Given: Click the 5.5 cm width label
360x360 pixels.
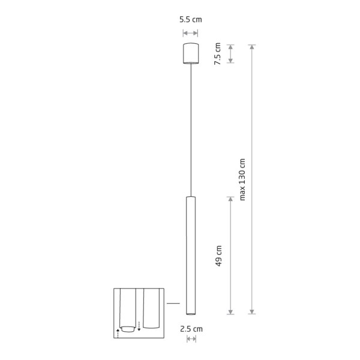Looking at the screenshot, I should (191, 20).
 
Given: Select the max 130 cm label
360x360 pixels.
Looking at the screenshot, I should (242, 179).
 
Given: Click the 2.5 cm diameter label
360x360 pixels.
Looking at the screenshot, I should (191, 328).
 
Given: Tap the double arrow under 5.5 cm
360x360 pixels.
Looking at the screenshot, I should (191, 33).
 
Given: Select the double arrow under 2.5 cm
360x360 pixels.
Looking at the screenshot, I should (191, 339).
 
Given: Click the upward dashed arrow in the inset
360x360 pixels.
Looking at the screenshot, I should (118, 331).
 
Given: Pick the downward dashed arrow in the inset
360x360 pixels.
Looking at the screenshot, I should (139, 326).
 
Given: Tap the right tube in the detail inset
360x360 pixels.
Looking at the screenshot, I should (151, 310).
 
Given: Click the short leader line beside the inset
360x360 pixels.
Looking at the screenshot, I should (173, 304).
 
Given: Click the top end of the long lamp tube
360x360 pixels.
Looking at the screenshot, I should (191, 197).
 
